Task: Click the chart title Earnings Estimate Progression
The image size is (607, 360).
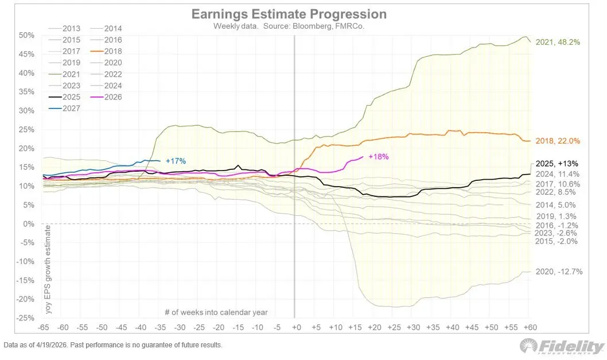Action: tap(289, 14)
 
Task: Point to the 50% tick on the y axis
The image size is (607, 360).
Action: tap(28, 36)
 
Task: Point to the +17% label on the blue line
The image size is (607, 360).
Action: tap(176, 161)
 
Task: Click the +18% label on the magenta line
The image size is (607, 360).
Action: tap(379, 157)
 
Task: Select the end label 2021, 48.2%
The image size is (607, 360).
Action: tap(557, 42)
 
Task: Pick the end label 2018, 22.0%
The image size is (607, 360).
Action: tap(557, 141)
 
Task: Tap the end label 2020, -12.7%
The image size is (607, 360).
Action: tap(559, 272)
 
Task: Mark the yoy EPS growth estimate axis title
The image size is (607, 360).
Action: tap(48, 270)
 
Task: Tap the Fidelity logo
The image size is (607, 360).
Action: tap(562, 346)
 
